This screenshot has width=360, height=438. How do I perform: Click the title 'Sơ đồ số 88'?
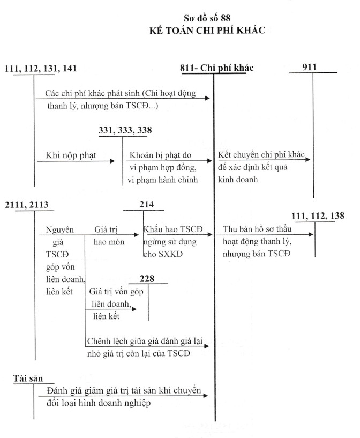207,18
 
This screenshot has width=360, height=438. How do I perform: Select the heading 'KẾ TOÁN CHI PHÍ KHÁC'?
207,30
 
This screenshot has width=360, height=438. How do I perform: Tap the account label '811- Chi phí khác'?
216,68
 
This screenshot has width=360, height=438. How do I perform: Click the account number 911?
310,67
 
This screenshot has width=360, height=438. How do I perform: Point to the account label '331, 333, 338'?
125,130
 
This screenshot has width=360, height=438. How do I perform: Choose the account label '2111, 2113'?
26,205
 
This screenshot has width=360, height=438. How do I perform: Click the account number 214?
146,204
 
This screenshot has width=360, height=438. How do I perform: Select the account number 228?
147,279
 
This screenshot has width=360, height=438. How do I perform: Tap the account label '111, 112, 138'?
318,216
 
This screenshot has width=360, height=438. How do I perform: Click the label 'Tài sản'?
28,378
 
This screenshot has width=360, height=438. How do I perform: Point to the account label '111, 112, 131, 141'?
41,69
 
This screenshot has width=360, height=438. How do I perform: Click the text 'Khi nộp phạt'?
71,155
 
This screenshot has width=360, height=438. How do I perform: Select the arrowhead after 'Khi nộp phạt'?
112,161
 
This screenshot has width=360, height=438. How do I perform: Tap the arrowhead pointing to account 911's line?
308,160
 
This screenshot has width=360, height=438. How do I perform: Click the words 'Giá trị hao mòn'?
109,236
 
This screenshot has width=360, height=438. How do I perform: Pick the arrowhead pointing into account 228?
134,309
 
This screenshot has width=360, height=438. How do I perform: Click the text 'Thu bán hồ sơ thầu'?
257,229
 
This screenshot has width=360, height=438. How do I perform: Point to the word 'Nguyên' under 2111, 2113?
59,230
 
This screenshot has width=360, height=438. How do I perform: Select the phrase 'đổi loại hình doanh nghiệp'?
99,403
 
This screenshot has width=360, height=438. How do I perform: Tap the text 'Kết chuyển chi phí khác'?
261,155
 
